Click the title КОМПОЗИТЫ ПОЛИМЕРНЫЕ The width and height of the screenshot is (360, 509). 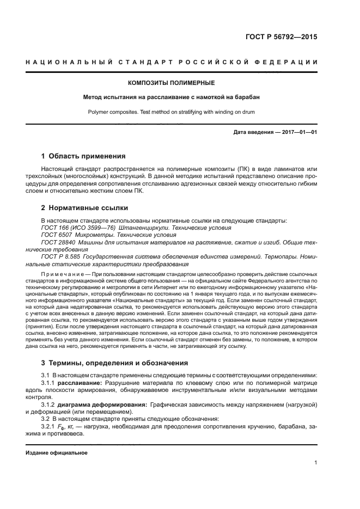[x=171, y=83]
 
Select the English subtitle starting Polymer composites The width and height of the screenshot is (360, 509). [x=171, y=112]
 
